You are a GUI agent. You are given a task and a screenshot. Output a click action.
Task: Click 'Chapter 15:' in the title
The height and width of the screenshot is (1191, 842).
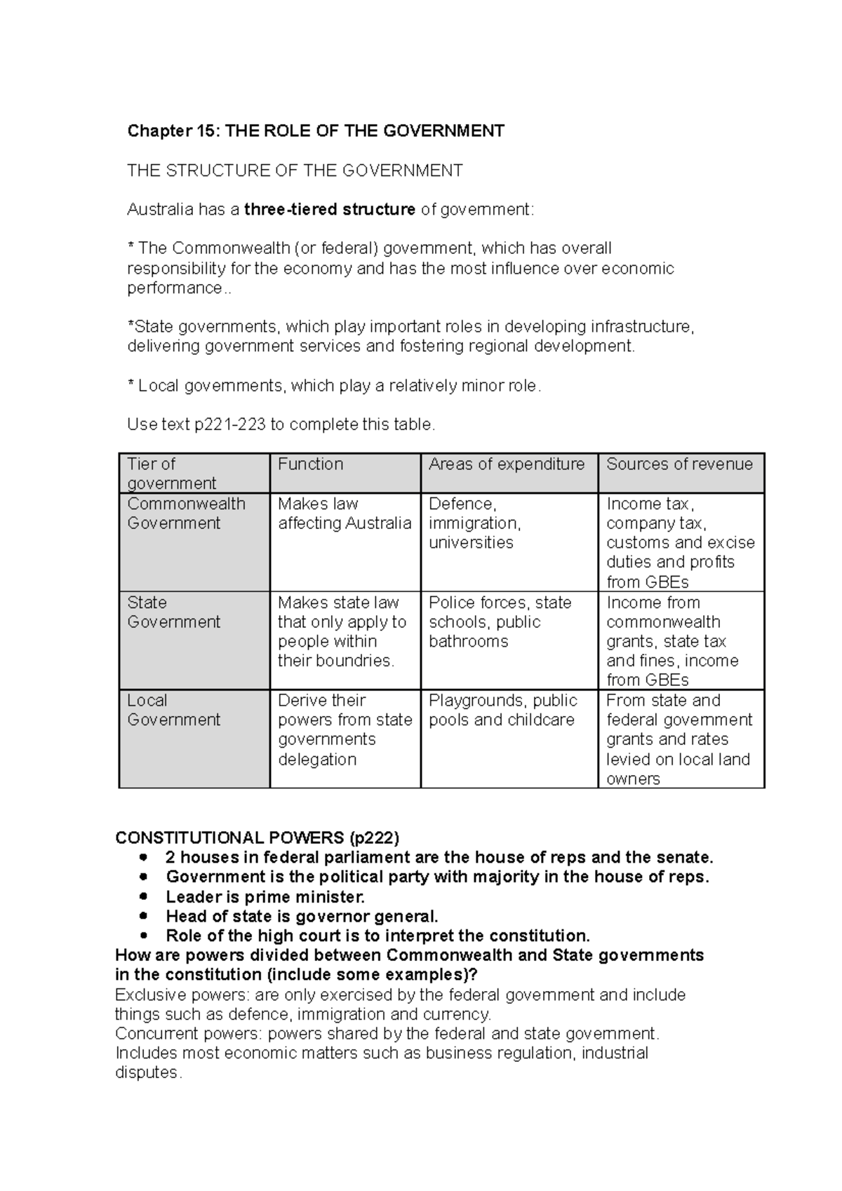(x=159, y=131)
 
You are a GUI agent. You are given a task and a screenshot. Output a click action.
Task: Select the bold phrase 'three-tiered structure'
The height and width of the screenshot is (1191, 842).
(x=330, y=210)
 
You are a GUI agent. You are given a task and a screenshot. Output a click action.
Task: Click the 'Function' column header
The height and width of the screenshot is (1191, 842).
(x=310, y=464)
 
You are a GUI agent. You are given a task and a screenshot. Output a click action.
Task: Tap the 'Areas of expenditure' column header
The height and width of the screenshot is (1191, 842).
(x=506, y=464)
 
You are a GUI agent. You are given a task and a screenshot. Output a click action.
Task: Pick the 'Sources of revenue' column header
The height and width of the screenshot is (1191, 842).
(x=679, y=464)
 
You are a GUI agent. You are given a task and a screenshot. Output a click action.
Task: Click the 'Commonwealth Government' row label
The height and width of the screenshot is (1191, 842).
(x=186, y=513)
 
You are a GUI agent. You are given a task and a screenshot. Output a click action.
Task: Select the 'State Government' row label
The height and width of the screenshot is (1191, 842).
(x=173, y=612)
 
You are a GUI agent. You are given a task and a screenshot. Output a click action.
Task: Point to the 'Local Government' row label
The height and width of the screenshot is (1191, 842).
(x=173, y=710)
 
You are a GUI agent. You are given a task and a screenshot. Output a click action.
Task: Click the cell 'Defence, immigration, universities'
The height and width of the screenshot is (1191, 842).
(x=474, y=523)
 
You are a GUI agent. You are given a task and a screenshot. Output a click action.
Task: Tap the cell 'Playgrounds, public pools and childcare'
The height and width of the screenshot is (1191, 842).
(x=502, y=710)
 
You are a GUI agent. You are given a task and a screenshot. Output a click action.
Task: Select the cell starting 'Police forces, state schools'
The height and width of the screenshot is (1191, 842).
(x=500, y=621)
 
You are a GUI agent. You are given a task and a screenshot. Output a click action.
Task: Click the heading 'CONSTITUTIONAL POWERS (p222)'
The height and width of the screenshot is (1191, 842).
(x=257, y=838)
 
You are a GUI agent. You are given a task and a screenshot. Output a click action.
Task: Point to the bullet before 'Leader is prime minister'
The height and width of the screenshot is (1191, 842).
(x=145, y=896)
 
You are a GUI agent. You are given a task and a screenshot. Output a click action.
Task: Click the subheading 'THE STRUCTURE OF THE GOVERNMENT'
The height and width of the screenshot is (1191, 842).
(x=295, y=170)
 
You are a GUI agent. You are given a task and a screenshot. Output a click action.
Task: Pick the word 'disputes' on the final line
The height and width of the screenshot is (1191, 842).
(x=146, y=1073)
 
